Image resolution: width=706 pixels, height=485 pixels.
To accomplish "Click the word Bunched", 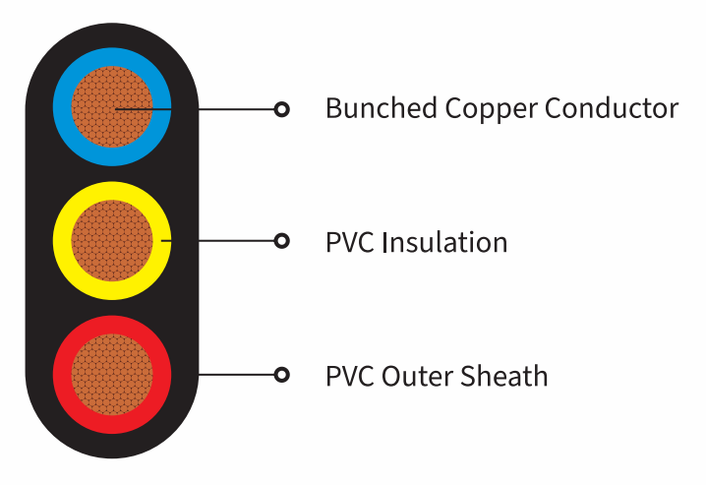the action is (x=382, y=108).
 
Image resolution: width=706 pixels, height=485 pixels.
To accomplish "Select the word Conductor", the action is (x=612, y=108).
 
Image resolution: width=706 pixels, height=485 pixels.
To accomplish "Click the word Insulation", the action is (x=444, y=242).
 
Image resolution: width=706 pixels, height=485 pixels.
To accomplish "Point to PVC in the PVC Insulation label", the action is (x=350, y=242).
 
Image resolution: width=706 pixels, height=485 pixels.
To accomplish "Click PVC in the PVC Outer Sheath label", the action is (x=350, y=376).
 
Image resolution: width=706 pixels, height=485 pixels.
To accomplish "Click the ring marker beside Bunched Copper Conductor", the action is (x=282, y=109).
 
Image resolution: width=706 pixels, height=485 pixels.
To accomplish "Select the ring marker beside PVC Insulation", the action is (x=282, y=241).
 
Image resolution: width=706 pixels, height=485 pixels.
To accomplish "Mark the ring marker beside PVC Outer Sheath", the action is (x=282, y=375).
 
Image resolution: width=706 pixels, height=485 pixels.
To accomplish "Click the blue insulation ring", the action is (x=62, y=106).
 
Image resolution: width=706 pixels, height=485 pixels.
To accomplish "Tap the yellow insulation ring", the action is (x=62, y=240).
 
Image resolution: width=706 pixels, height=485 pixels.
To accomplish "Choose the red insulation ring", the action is (x=62, y=375).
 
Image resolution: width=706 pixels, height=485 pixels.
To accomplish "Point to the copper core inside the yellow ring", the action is (x=112, y=240).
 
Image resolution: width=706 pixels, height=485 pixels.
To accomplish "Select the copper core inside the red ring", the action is (x=112, y=375).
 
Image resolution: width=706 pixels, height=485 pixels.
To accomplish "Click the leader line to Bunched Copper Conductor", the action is (x=195, y=109).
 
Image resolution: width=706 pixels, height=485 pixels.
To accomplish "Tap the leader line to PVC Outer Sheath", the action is (x=236, y=375).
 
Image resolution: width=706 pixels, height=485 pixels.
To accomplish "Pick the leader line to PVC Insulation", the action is (x=218, y=241).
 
